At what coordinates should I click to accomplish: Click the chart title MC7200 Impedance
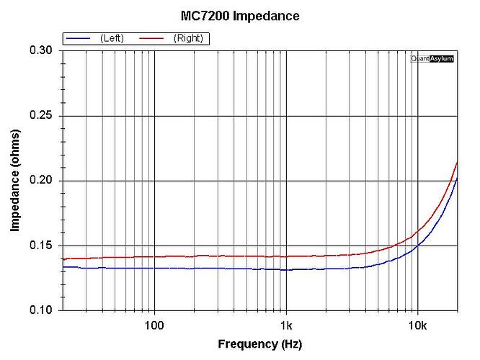pos(239,15)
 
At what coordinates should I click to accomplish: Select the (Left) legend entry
pos(112,38)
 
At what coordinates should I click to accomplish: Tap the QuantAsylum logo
pos(432,58)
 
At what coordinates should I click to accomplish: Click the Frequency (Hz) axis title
pos(260,344)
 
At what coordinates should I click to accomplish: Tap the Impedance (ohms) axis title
pos(15,181)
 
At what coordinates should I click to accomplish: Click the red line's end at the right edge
pos(457,162)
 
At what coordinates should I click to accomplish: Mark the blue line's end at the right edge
pos(457,178)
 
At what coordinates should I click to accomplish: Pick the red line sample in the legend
pos(152,38)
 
